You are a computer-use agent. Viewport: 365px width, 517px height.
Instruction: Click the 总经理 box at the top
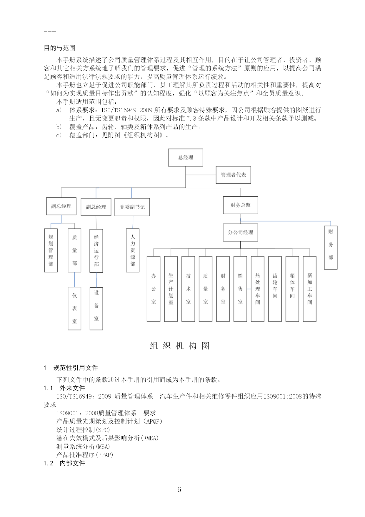click(x=186, y=157)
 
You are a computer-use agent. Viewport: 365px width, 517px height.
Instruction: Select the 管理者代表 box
click(x=233, y=175)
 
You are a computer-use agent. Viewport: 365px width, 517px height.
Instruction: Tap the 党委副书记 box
click(x=132, y=207)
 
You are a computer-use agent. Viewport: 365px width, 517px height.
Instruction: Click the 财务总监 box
click(x=240, y=205)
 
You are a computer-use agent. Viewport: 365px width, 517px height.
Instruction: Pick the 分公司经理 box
click(x=240, y=232)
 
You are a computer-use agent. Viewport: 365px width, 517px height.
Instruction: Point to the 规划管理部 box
click(x=51, y=250)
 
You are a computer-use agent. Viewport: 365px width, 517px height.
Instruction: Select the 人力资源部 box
click(x=133, y=250)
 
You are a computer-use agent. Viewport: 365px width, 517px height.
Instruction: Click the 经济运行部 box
click(x=96, y=251)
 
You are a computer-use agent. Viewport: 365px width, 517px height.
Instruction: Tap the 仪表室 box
click(x=74, y=308)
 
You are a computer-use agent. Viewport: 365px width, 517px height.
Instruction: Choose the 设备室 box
click(x=96, y=308)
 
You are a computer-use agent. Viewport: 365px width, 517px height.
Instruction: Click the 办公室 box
click(x=154, y=289)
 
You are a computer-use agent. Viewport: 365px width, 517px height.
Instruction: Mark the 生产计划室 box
click(x=171, y=289)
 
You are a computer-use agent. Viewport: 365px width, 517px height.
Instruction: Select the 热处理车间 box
click(x=258, y=289)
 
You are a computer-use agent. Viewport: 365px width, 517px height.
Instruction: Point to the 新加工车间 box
click(x=310, y=289)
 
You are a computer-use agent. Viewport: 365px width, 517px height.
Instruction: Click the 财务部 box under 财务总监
click(x=331, y=248)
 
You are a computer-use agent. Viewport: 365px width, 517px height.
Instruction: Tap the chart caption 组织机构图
click(x=180, y=346)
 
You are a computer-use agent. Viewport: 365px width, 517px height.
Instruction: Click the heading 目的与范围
click(x=60, y=48)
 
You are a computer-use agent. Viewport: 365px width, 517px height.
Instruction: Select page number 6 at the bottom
click(x=179, y=490)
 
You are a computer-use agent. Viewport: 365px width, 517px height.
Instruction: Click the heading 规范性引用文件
click(x=76, y=368)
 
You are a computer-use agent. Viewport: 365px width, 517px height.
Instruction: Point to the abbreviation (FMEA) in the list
click(x=150, y=438)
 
